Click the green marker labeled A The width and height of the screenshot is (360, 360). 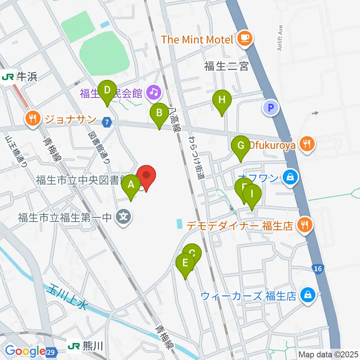[x=131, y=185]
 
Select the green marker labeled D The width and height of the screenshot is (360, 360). [x=107, y=91]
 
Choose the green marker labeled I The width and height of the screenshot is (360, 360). [x=252, y=195]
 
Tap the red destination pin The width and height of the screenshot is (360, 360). [x=146, y=175]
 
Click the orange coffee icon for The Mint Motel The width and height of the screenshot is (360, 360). [x=245, y=38]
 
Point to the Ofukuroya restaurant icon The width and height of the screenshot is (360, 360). [x=307, y=144]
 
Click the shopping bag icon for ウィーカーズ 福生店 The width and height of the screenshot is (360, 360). [x=307, y=295]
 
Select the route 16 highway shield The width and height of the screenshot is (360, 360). [x=318, y=268]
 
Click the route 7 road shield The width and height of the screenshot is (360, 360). [x=108, y=122]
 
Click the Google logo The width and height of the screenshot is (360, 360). [x=25, y=351]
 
